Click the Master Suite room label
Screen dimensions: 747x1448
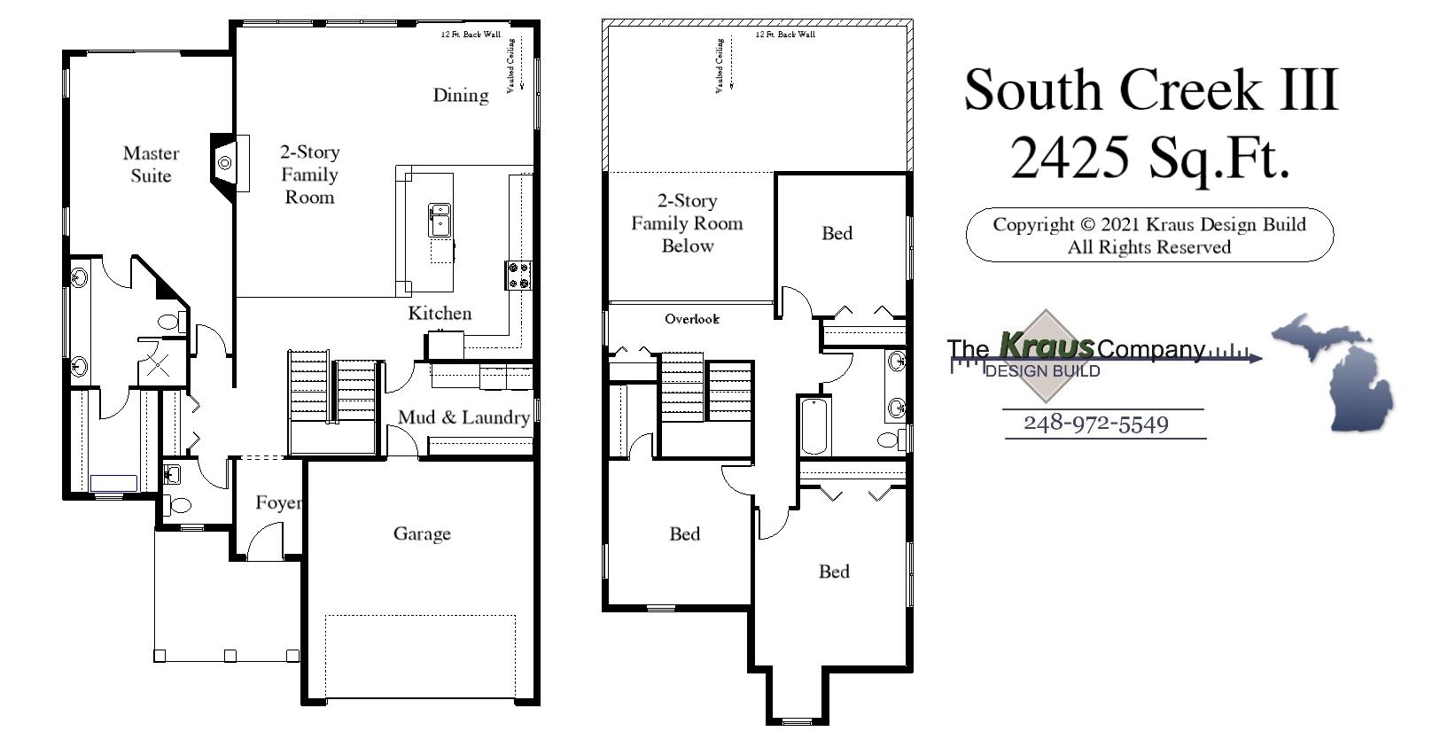151,165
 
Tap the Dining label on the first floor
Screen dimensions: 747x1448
460,96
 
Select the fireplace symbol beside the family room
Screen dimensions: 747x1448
225,162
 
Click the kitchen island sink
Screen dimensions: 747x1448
440,219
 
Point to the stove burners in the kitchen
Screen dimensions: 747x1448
519,275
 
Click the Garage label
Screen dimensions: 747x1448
422,533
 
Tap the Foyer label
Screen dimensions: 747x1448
278,503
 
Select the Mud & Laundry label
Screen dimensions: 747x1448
463,417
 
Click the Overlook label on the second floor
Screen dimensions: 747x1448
692,319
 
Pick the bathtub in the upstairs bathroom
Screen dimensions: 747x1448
814,426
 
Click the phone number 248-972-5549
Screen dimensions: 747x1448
1095,424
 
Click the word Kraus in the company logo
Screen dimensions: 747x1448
1046,344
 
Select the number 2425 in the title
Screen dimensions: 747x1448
1070,158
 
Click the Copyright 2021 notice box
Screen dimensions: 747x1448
1148,235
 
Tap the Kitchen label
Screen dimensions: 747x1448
440,313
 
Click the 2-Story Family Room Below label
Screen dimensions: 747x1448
687,223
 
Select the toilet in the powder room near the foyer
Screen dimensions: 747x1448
179,506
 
